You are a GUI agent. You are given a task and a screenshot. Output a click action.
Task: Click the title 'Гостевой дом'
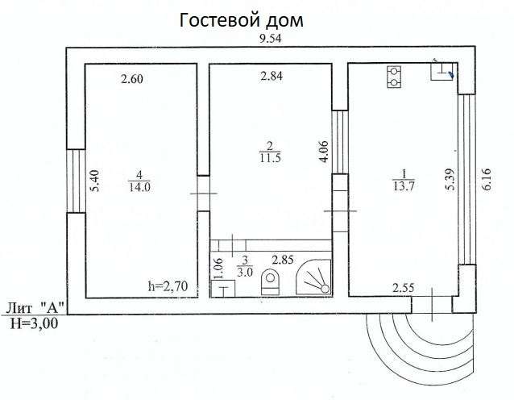tap(241, 20)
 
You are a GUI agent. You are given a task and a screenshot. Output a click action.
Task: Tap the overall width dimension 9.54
tap(270, 39)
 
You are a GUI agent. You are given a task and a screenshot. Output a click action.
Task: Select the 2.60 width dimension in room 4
tap(132, 79)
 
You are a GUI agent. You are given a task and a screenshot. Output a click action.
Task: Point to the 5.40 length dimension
tap(94, 180)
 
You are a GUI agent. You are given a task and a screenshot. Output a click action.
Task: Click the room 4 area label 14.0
tap(139, 187)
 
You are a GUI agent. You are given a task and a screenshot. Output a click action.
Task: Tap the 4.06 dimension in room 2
tap(323, 152)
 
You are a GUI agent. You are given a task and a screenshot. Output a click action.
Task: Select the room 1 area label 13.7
tap(404, 186)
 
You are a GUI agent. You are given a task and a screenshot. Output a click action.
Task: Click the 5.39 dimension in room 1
tap(450, 179)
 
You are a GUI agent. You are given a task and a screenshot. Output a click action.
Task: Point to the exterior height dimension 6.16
tap(487, 179)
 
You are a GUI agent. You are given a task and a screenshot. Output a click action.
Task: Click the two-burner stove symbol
tap(394, 77)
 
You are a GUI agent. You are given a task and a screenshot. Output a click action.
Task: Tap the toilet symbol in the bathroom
tap(271, 282)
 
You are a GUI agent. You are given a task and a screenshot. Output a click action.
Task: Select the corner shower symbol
tap(313, 277)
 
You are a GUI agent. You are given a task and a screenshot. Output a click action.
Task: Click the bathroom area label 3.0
tap(245, 272)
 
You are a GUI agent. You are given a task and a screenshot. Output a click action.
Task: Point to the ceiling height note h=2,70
tap(168, 286)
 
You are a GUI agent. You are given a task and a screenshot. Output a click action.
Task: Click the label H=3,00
tap(34, 323)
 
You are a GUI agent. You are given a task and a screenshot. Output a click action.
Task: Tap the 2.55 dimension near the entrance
tap(404, 288)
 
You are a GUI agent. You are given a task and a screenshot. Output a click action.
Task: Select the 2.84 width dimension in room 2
tap(272, 76)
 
